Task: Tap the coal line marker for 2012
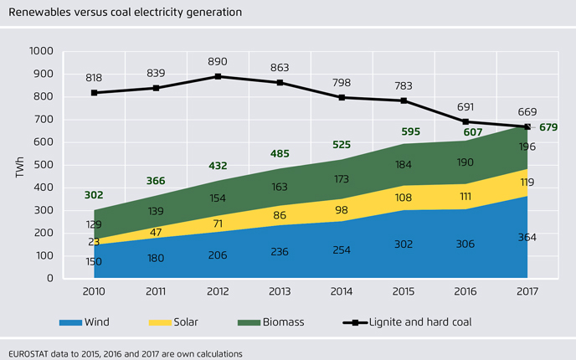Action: pos(219,76)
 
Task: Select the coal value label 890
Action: pos(219,61)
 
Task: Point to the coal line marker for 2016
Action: pos(466,122)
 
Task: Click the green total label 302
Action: pos(94,195)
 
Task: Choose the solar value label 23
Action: pos(94,243)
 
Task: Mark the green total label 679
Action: pos(548,127)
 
